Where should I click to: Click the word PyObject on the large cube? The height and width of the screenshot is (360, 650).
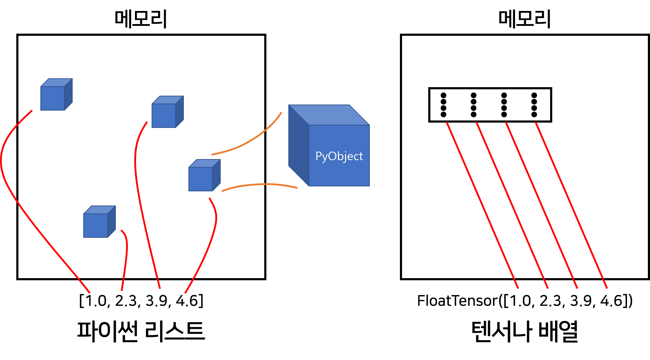[339, 156]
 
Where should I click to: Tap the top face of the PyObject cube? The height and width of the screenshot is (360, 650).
[329, 115]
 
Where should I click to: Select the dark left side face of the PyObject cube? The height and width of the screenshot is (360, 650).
[298, 145]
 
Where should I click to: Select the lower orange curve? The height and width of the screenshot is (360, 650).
[260, 184]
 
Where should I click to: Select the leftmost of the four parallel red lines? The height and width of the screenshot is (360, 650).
[482, 206]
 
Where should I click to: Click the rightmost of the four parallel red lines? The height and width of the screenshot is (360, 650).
[571, 206]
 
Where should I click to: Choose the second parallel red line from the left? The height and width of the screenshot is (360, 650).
[512, 206]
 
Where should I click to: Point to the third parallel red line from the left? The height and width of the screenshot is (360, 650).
[542, 206]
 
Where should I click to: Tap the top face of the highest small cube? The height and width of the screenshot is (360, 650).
[57, 83]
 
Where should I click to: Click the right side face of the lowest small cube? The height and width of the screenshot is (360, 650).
[112, 222]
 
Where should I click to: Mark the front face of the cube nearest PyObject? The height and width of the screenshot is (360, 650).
[200, 179]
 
